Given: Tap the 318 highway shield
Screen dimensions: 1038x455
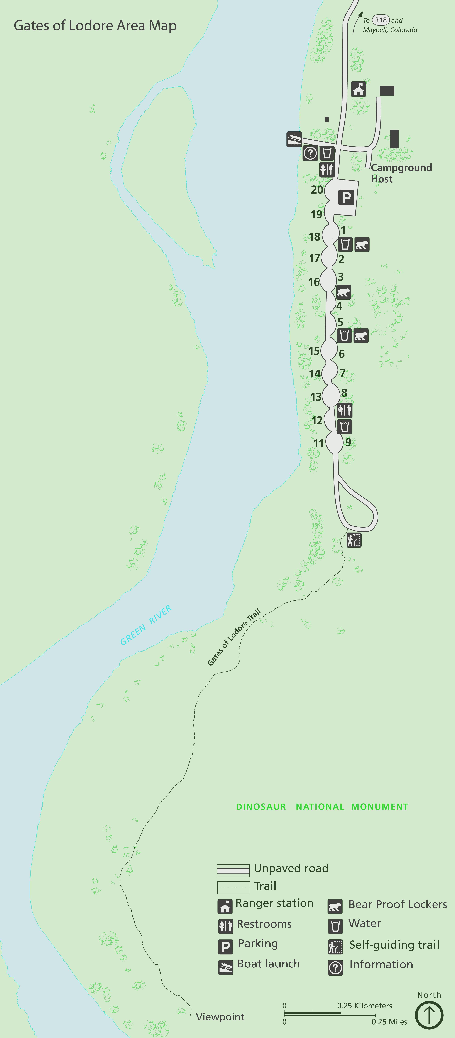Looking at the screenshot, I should [x=381, y=20].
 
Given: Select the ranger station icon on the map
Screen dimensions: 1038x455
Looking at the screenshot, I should [x=358, y=89].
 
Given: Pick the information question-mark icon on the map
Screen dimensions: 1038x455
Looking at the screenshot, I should [x=310, y=153].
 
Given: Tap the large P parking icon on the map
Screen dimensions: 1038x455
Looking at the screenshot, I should [x=346, y=197].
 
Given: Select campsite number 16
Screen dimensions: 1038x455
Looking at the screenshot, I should [x=314, y=282].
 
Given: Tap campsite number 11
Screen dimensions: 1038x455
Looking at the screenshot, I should [x=318, y=443].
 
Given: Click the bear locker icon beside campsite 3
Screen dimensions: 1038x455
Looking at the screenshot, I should [x=344, y=292].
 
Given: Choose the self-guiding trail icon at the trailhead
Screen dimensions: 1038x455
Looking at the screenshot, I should [x=354, y=540].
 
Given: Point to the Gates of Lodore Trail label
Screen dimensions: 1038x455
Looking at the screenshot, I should [x=234, y=637].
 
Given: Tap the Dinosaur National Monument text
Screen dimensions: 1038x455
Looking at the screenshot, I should [x=322, y=807].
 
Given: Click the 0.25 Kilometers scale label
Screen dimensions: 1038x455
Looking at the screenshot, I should [x=364, y=1006].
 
